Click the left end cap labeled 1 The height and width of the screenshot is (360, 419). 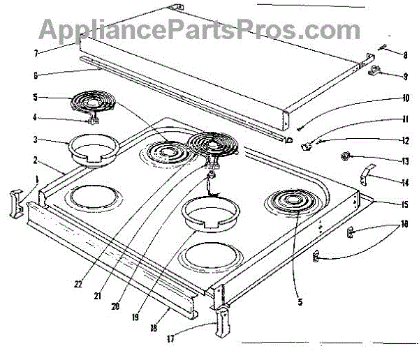tap(15, 203)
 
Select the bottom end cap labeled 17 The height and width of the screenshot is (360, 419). tap(224, 322)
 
